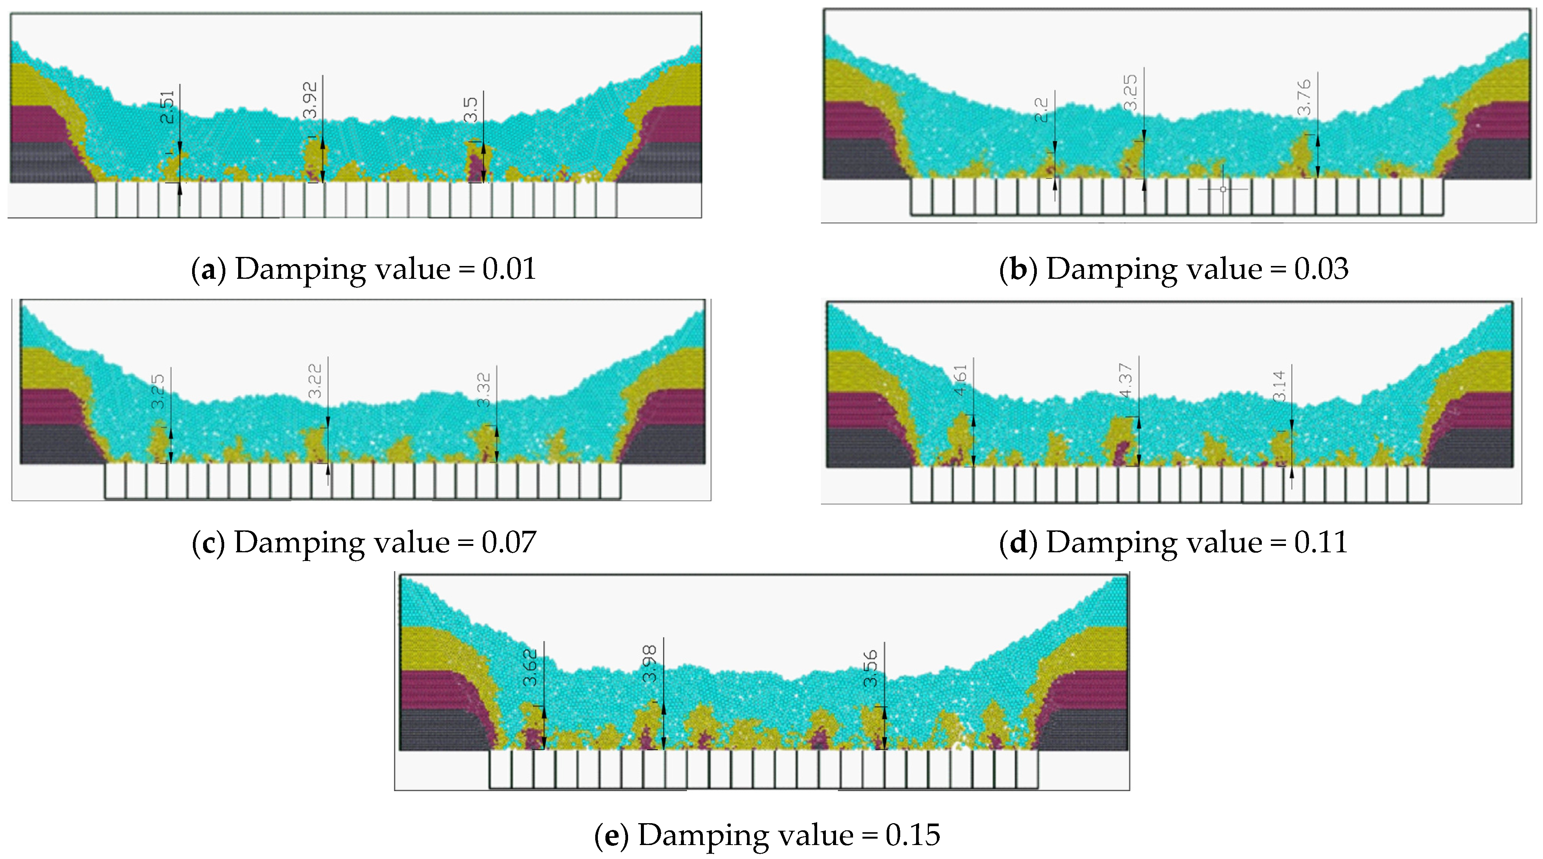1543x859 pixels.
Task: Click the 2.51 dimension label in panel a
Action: click(x=168, y=106)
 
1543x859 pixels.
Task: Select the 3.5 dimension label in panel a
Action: click(x=471, y=109)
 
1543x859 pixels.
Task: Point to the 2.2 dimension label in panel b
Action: click(x=1042, y=109)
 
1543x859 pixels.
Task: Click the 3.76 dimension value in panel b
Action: click(x=1304, y=97)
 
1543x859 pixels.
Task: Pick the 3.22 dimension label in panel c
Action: click(x=315, y=381)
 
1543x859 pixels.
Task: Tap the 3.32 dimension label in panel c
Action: click(x=484, y=390)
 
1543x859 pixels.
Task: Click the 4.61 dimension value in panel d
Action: click(x=960, y=380)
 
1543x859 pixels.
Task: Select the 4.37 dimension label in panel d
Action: click(x=1126, y=380)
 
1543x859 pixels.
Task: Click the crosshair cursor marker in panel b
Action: click(x=1223, y=189)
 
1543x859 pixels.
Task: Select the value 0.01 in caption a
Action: click(x=509, y=269)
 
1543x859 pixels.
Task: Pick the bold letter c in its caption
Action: click(x=208, y=543)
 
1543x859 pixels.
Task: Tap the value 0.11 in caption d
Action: click(x=1320, y=543)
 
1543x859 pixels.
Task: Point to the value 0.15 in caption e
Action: click(x=913, y=835)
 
